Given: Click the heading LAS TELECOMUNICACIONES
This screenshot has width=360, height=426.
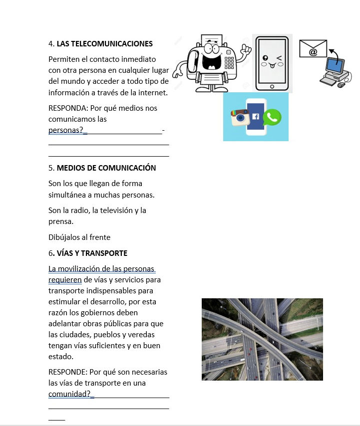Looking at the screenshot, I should [x=104, y=44].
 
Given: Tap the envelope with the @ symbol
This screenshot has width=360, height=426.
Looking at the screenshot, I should [x=313, y=49].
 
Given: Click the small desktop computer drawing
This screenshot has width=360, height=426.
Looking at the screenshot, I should [x=335, y=73].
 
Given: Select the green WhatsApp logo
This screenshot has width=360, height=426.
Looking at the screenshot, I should [x=273, y=117].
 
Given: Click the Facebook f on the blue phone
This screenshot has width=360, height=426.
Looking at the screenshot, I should [x=256, y=117].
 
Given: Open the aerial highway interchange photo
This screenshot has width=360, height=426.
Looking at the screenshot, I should [x=262, y=339].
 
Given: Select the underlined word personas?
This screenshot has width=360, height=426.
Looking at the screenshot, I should [x=66, y=130].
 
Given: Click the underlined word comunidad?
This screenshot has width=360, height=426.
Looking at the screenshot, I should [x=70, y=394].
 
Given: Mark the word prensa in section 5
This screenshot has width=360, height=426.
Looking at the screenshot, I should [x=60, y=221].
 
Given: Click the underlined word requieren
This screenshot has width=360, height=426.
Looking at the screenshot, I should [x=65, y=280].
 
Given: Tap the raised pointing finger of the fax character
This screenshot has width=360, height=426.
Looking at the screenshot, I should [x=245, y=49].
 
